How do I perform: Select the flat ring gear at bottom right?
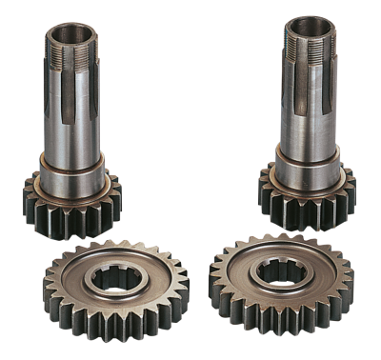pos(281,281)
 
